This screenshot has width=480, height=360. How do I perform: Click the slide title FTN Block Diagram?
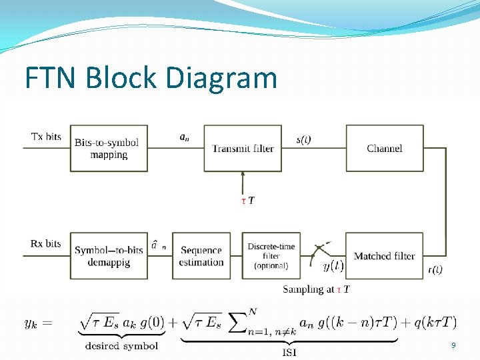click(x=151, y=77)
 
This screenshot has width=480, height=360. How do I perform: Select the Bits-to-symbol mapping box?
click(x=109, y=148)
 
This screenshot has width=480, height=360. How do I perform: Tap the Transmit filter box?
click(x=243, y=148)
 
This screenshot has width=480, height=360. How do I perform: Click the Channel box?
click(x=385, y=148)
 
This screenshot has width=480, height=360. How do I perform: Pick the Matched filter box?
click(x=384, y=256)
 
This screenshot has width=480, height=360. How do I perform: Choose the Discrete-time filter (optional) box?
click(x=271, y=256)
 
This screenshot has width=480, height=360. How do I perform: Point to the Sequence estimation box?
click(x=201, y=256)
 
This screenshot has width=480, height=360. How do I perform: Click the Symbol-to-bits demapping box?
click(x=109, y=256)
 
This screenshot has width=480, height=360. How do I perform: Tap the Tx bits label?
click(x=46, y=137)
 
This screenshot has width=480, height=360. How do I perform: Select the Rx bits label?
click(x=46, y=243)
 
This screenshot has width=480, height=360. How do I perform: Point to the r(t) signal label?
click(x=435, y=269)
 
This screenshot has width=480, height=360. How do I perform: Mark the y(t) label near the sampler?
click(x=333, y=266)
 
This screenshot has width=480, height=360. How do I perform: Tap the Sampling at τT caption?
click(x=316, y=289)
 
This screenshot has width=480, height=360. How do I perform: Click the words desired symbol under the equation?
click(x=122, y=345)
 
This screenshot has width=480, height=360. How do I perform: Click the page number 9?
click(x=453, y=345)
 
